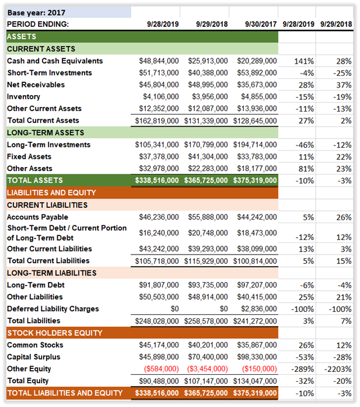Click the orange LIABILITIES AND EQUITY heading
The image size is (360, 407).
pos(51,193)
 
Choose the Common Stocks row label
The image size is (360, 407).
pos(34,345)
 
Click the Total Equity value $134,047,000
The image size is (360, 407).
pos(254,381)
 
